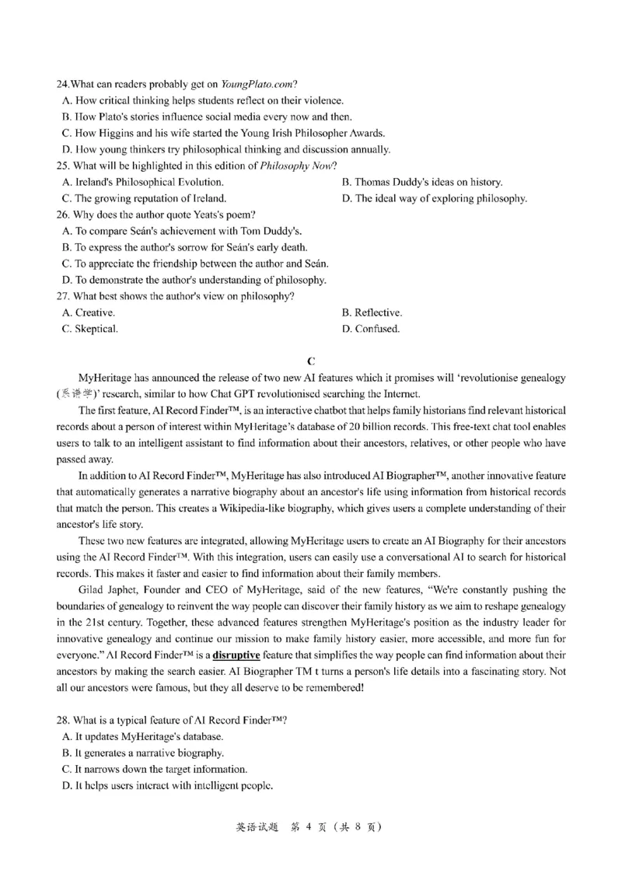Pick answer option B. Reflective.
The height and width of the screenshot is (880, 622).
coord(372,313)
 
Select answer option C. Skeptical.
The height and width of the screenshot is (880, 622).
coord(89,329)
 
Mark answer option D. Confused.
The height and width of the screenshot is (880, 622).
coord(371,329)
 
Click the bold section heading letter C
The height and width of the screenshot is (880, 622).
coord(311,361)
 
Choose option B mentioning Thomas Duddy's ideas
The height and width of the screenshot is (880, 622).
coord(421,182)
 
